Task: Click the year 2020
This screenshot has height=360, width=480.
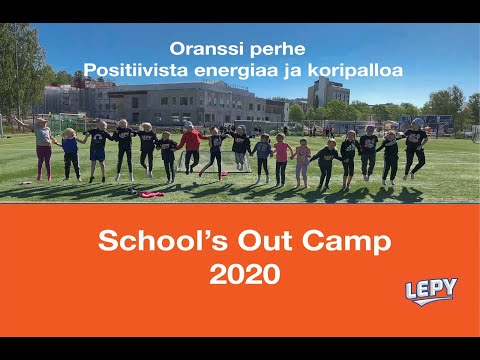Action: point(240,275)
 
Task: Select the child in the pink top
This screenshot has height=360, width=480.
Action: point(282,158)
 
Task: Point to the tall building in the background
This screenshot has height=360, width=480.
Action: point(328,95)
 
